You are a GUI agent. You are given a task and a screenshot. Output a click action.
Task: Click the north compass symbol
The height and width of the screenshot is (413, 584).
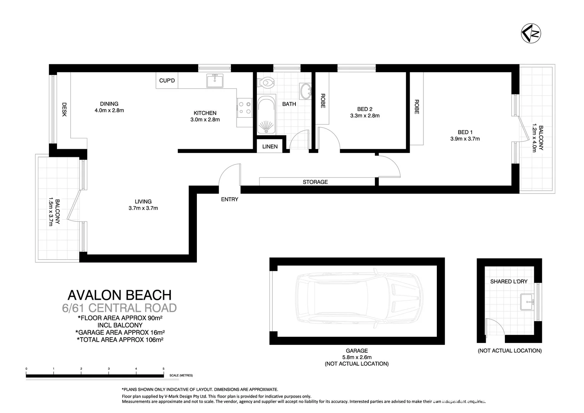531,33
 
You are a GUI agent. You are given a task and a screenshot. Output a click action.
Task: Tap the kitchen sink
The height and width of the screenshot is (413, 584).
215,80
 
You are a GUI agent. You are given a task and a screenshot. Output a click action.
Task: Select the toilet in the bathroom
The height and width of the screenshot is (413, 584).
266,82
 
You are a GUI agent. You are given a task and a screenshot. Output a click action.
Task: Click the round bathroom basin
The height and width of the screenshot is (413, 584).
306,91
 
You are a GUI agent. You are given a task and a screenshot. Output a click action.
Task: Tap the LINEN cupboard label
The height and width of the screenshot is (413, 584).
270,146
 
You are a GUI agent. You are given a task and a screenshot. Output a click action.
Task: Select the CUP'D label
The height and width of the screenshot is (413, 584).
167,81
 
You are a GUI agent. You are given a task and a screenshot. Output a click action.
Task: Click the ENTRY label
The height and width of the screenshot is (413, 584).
229,199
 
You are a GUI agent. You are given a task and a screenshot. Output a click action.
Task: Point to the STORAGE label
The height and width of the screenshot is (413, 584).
315,182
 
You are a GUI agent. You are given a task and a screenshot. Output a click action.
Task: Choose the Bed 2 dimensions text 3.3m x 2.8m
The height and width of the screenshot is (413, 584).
365,115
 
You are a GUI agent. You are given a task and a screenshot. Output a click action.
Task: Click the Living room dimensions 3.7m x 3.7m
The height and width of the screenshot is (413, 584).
143,208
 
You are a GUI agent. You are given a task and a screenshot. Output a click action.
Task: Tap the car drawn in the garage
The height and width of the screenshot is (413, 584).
359,301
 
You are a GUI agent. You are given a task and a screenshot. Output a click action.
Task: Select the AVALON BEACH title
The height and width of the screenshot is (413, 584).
119,295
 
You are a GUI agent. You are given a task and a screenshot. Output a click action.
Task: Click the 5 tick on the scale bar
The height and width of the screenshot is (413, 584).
164,369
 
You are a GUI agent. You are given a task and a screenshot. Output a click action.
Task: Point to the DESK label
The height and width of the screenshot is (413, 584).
64,109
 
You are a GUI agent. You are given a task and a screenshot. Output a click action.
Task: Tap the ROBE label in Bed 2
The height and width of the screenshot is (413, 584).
323,101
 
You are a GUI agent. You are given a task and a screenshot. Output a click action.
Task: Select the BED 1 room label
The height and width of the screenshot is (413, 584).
465,132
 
